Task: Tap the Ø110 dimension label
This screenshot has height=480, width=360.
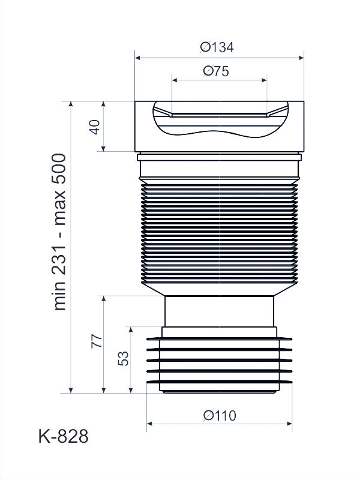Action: pos(220,415)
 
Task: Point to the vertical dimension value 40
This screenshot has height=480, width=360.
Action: pos(94,127)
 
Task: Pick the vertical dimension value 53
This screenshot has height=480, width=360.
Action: pos(123,359)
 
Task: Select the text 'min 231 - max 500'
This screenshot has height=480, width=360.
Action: pos(60,232)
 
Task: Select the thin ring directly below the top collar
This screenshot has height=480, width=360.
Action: pos(219,158)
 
